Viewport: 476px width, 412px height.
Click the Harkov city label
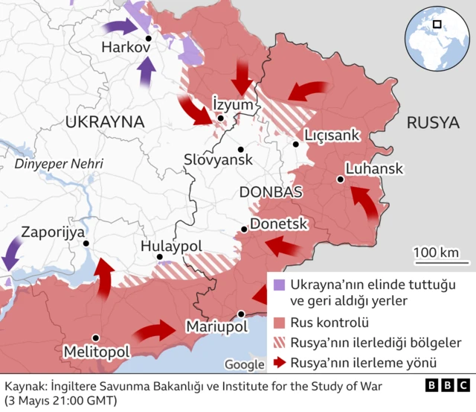pos(126,47)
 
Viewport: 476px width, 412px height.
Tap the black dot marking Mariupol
pos(241,314)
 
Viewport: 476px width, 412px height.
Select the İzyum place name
pos(233,104)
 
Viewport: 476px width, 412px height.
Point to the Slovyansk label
pos(219,159)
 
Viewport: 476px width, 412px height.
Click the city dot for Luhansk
pos(340,179)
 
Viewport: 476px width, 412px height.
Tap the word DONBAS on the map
pos(271,192)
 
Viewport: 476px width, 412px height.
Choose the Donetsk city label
pos(279,224)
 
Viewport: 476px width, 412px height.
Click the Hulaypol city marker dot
pos(159,257)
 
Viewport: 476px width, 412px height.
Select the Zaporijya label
pos(53,232)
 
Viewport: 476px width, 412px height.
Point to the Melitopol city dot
pos(95,337)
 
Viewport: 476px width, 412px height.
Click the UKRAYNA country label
pos(103,122)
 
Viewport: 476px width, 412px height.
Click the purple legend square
pos(279,285)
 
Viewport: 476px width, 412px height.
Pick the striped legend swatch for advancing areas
pos(279,343)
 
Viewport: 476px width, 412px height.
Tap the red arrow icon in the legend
pos(279,363)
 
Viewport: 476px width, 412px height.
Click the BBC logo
pos(447,386)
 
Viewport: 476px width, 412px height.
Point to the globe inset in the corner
pos(434,34)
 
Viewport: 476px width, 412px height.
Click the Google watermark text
pos(244,364)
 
